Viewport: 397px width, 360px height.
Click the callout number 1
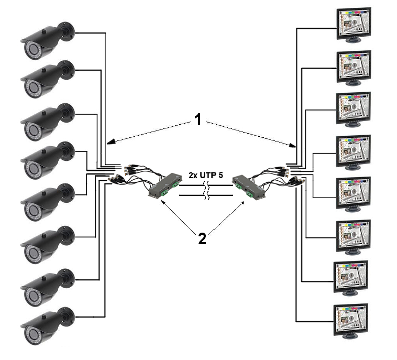(198, 120)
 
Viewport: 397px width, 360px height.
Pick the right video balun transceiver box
(246, 184)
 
